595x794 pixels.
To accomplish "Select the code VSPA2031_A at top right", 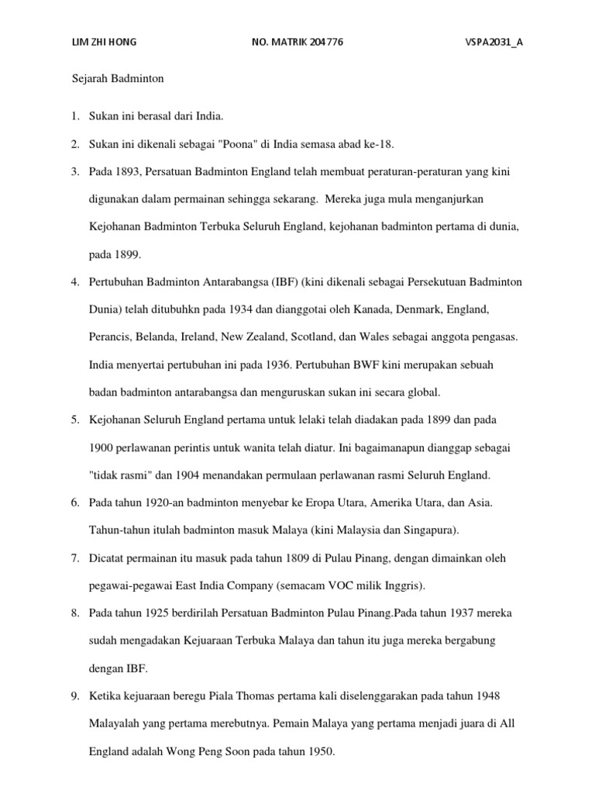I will click(x=489, y=43).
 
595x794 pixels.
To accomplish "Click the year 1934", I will click(x=242, y=309).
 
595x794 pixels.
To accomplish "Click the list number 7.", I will click(x=74, y=558).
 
